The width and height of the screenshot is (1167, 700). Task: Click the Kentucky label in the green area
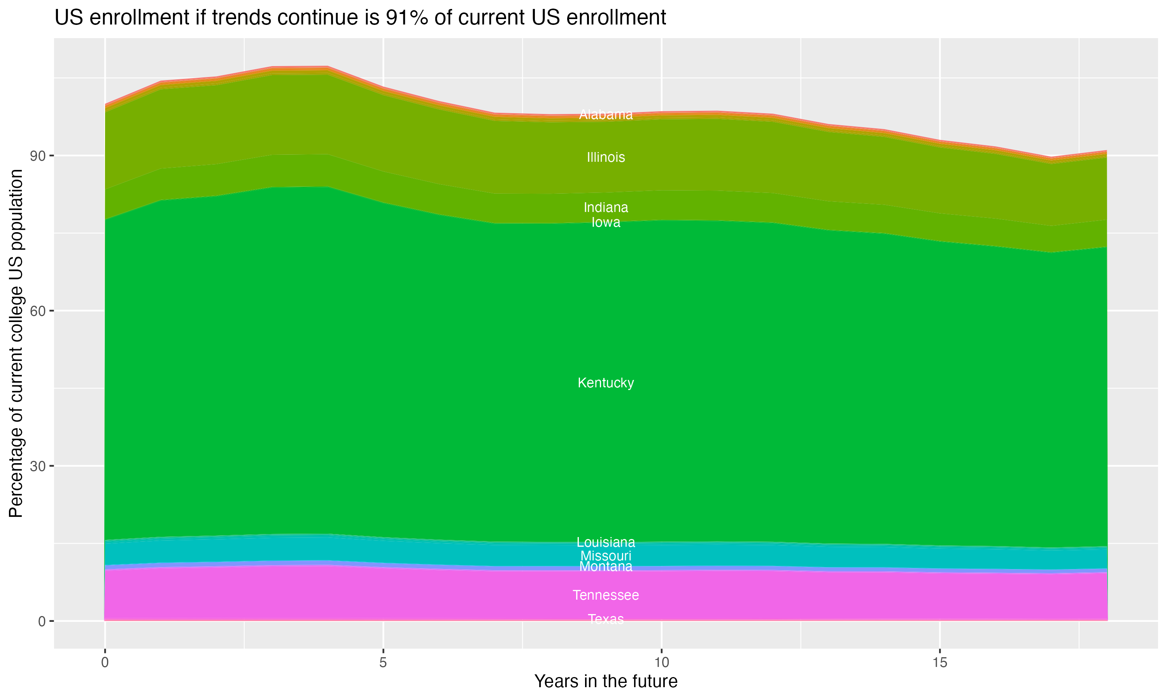pos(606,383)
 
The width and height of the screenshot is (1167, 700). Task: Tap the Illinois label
pos(606,157)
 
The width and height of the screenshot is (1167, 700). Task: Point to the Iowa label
pos(606,222)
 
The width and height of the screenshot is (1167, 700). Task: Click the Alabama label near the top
pos(606,115)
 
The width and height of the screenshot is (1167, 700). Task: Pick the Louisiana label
pos(606,542)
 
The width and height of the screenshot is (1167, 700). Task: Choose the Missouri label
pos(606,556)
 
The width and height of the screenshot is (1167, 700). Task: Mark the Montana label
pos(606,567)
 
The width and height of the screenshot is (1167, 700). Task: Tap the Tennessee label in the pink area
pos(606,595)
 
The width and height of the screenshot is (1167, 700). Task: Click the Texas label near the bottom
pos(606,619)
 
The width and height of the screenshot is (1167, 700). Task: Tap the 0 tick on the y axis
pos(42,621)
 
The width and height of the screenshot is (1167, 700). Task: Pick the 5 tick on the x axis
pos(383,663)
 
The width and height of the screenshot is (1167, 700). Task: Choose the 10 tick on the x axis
pos(661,663)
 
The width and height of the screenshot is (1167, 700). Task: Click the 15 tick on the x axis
pos(940,663)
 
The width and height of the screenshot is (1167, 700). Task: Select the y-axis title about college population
pos(16,343)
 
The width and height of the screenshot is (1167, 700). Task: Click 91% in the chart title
pos(405,18)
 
